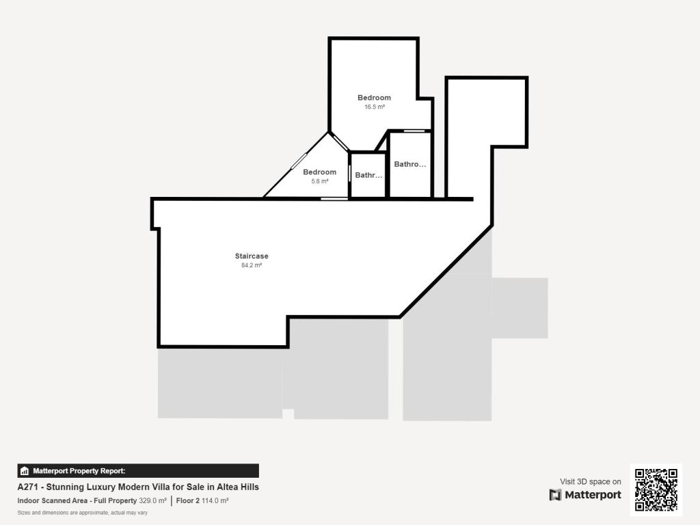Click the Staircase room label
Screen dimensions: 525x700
point(252,256)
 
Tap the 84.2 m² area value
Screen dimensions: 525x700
point(252,265)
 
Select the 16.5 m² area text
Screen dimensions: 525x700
point(374,107)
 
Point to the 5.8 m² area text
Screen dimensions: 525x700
point(320,181)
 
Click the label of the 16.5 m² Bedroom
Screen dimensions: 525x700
point(374,98)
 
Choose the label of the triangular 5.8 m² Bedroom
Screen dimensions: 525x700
point(320,172)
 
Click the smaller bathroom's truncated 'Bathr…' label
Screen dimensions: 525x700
point(368,176)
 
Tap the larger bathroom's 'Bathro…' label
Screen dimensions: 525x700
point(410,164)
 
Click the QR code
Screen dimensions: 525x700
point(656,489)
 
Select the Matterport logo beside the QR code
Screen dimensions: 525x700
point(585,495)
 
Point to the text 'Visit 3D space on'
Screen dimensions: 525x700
point(591,482)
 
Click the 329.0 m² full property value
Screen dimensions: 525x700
point(152,501)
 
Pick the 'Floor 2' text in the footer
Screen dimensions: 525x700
point(187,501)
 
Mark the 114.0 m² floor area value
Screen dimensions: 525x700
point(215,501)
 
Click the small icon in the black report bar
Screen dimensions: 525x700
point(25,470)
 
